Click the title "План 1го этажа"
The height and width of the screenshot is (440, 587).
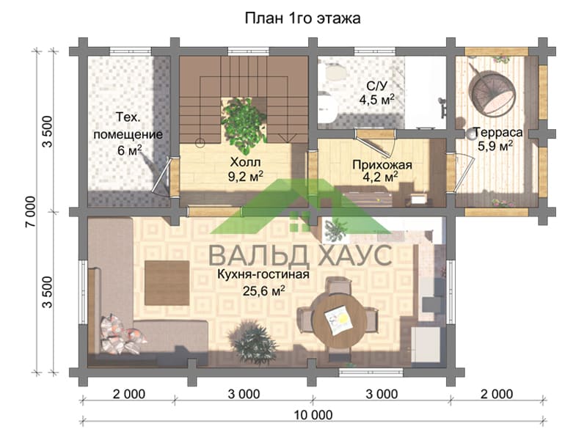coord(302,18)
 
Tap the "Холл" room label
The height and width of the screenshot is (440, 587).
coord(245,162)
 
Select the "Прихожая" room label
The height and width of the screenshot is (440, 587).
coord(382,164)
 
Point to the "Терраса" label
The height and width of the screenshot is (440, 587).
coord(498,133)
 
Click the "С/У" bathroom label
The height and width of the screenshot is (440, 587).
coord(376,87)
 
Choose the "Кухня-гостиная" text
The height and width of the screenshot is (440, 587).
coord(263,274)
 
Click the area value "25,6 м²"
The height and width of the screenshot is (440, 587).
coord(264,290)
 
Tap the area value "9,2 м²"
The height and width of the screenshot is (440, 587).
coord(246,176)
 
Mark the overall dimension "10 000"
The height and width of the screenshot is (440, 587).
coord(313,415)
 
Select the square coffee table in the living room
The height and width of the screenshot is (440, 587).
coord(167,283)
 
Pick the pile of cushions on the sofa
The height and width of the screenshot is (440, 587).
coord(122,334)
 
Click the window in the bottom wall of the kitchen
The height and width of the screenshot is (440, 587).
coord(371,373)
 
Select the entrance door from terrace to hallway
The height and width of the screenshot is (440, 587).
coord(451,173)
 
